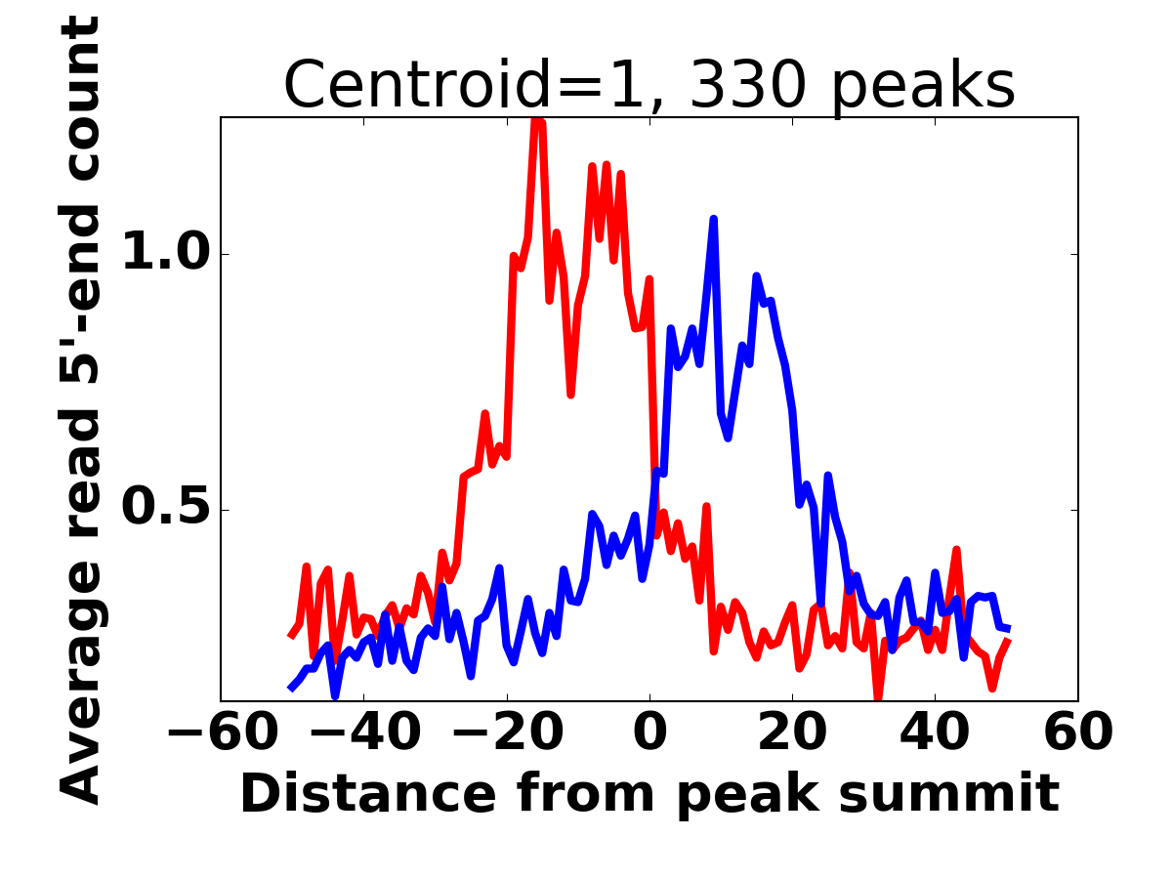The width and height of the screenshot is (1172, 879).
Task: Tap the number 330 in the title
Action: pyautogui.click(x=747, y=84)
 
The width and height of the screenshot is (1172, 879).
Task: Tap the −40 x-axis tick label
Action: pyautogui.click(x=365, y=732)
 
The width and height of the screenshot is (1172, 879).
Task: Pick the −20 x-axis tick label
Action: pyautogui.click(x=508, y=732)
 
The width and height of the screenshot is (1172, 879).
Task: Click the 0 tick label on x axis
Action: pyautogui.click(x=649, y=732)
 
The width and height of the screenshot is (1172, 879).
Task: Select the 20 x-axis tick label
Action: pyautogui.click(x=792, y=732)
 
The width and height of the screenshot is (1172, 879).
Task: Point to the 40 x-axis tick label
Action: pyautogui.click(x=935, y=732)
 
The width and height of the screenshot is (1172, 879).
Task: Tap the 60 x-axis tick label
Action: pyautogui.click(x=1078, y=732)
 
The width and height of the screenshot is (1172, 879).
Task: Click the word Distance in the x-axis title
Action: pyautogui.click(x=369, y=794)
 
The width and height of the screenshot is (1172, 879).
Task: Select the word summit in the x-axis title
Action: pyautogui.click(x=948, y=794)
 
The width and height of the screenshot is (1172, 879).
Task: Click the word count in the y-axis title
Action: pyautogui.click(x=79, y=100)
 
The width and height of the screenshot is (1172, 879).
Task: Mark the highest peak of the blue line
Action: pyautogui.click(x=714, y=218)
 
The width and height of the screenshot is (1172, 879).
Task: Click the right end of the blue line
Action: pyautogui.click(x=1010, y=629)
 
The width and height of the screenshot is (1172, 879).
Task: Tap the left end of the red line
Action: pyautogui.click(x=290, y=637)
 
